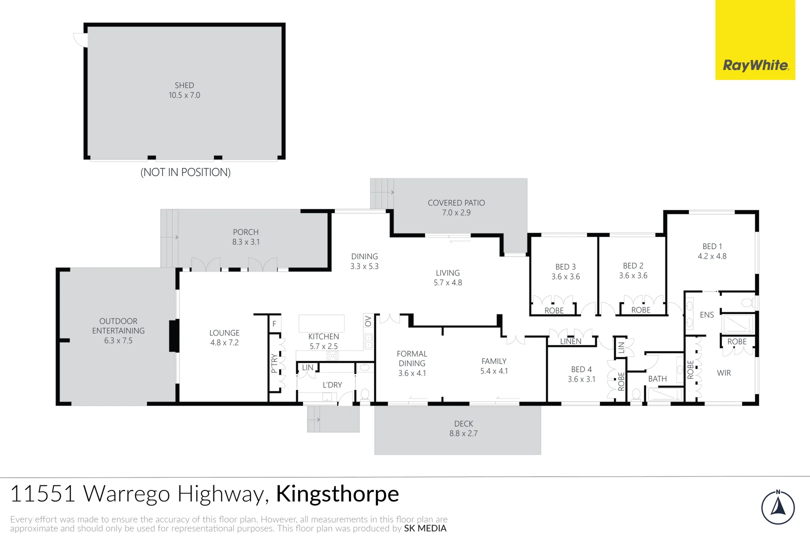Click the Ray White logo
coord(755,65)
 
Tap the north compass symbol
coord(777,507)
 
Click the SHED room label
coord(184,85)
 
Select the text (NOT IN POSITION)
coord(185,172)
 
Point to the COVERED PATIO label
coord(456,203)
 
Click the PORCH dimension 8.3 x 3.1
coord(245,242)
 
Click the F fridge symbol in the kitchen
coord(274,324)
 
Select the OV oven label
coord(368,320)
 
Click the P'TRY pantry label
coord(274,363)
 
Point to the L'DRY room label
coord(332,385)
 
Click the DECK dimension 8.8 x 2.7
coord(463,433)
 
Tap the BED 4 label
coord(581,369)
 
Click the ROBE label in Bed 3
coord(554,310)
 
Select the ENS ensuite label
coord(706,315)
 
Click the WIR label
coord(723,373)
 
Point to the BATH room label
coord(657,379)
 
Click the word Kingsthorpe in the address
coord(337,494)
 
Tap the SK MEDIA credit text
coord(425,528)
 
